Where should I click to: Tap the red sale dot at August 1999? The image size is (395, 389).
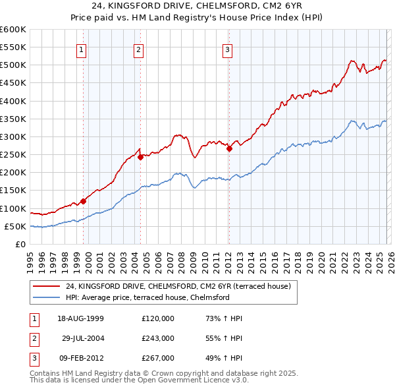tap(83, 201)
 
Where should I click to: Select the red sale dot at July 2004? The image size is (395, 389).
tap(140, 157)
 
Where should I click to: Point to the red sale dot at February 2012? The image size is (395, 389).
tap(229, 148)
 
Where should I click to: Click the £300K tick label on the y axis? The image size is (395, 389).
tap(13, 136)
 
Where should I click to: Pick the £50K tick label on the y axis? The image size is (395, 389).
tap(16, 226)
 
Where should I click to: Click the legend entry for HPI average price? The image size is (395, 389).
tap(147, 297)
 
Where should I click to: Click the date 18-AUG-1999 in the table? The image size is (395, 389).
tap(80, 318)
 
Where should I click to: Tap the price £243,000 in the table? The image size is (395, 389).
tap(158, 338)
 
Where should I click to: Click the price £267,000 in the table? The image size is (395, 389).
tap(158, 357)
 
